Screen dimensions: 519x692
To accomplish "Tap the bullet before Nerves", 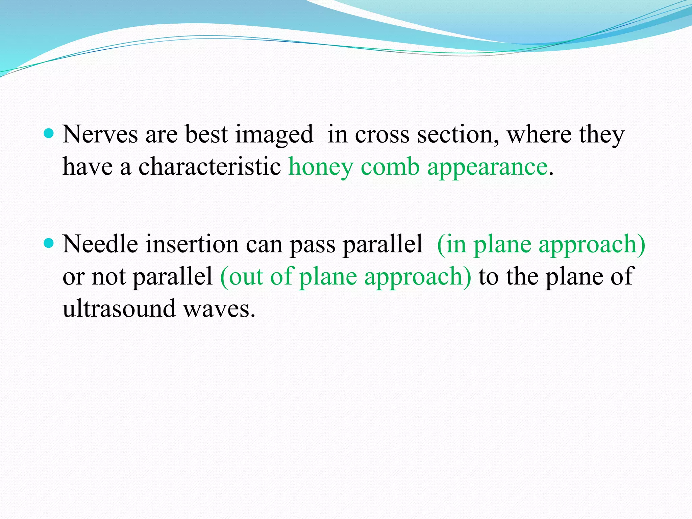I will coord(49,133).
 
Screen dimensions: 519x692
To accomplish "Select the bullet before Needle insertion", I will coord(49,243).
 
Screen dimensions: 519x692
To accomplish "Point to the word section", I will coord(458,134).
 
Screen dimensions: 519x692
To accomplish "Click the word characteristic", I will coord(209,167).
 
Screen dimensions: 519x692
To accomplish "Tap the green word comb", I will coord(390,167).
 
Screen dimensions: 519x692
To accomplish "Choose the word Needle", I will coord(100,244).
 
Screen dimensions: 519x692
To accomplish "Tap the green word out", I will coord(245,276).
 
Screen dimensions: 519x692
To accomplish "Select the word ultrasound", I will coord(119,308).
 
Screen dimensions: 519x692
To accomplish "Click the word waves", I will coord(217,308).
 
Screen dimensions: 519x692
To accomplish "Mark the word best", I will coord(206,134).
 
